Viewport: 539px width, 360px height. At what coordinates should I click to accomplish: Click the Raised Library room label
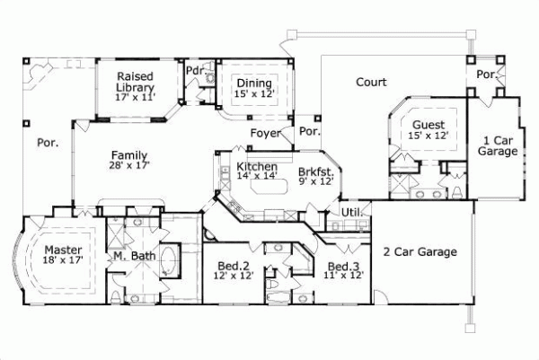coord(135,82)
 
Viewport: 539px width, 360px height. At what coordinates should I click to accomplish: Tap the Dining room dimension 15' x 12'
coord(254,93)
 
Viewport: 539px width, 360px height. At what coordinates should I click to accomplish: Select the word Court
coord(371,82)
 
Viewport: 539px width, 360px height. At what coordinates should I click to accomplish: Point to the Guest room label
coord(429,125)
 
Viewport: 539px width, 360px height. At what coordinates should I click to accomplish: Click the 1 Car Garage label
coord(498,145)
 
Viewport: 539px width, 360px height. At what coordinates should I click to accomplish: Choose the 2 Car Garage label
coord(420,251)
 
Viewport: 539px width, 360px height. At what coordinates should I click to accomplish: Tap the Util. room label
coord(352,213)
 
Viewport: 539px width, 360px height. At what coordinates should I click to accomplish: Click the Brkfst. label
coord(316,171)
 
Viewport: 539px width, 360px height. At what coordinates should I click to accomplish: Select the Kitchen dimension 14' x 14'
coord(257,176)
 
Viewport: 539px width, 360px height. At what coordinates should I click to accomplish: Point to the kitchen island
coord(269,187)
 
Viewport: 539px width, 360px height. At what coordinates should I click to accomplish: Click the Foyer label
coord(265,133)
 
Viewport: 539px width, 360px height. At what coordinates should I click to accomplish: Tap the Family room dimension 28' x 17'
coord(129,165)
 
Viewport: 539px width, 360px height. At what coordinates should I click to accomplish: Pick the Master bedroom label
coord(63,250)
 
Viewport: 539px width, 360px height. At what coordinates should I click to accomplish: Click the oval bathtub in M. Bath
coord(168,260)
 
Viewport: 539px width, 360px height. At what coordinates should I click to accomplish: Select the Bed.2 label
coord(234,266)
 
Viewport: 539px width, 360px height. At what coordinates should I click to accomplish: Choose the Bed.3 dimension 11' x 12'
coord(343,275)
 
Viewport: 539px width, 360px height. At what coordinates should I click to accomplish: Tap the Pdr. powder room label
coord(196,70)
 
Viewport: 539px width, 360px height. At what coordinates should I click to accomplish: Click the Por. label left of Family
coord(48,143)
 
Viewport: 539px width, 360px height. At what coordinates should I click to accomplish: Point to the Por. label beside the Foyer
coord(310,131)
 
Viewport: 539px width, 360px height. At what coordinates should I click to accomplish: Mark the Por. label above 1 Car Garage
coord(487,74)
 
